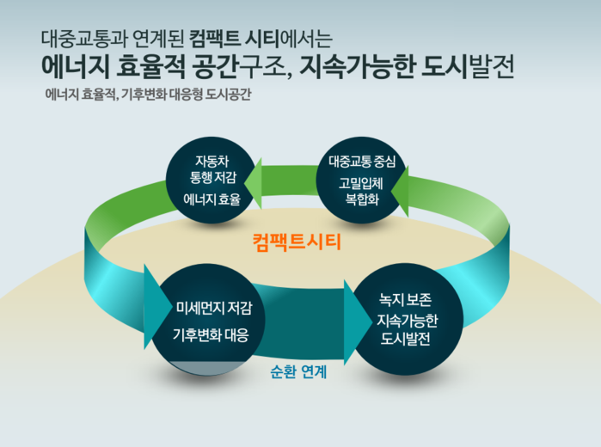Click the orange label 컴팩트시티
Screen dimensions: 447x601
coord(297,242)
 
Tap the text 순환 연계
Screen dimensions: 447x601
coord(297,374)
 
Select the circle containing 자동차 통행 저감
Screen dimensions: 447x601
coord(212,180)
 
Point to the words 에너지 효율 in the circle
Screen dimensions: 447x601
coord(212,199)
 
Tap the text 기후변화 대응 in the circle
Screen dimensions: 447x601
coord(212,335)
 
